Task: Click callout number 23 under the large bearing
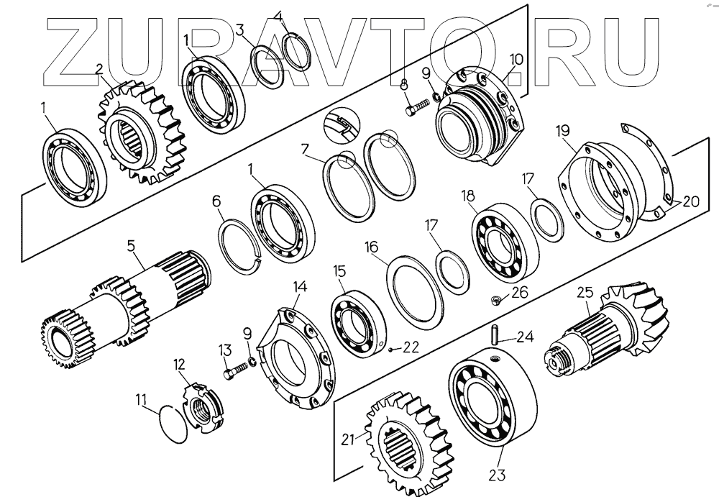(x=498, y=475)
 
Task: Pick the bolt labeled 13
(x=233, y=375)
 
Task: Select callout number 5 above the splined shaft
(x=132, y=245)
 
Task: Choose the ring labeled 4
(x=295, y=48)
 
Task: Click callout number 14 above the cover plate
(x=300, y=287)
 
